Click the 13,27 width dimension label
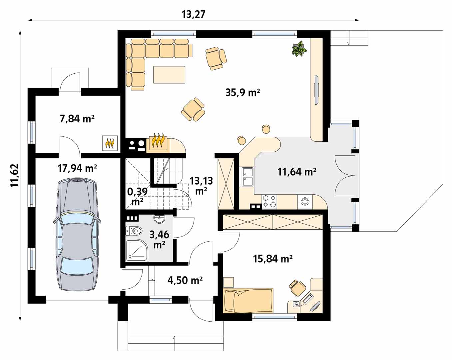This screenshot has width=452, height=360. (193, 15)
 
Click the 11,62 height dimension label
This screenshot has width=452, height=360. (15, 175)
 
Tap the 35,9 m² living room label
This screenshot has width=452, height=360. (242, 92)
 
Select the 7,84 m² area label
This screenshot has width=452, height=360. (77, 119)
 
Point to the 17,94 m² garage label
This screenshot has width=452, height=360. (77, 168)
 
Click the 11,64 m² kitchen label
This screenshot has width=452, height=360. (297, 172)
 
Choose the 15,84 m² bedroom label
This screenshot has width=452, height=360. (272, 259)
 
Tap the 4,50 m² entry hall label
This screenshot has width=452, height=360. (185, 280)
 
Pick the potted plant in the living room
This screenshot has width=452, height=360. (299, 49)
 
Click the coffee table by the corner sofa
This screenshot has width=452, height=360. (169, 75)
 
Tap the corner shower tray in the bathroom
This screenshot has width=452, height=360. (137, 250)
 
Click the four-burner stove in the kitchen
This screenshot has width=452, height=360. (269, 201)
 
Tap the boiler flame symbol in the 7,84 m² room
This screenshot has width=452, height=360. (110, 143)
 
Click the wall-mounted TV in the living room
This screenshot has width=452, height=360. (316, 90)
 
